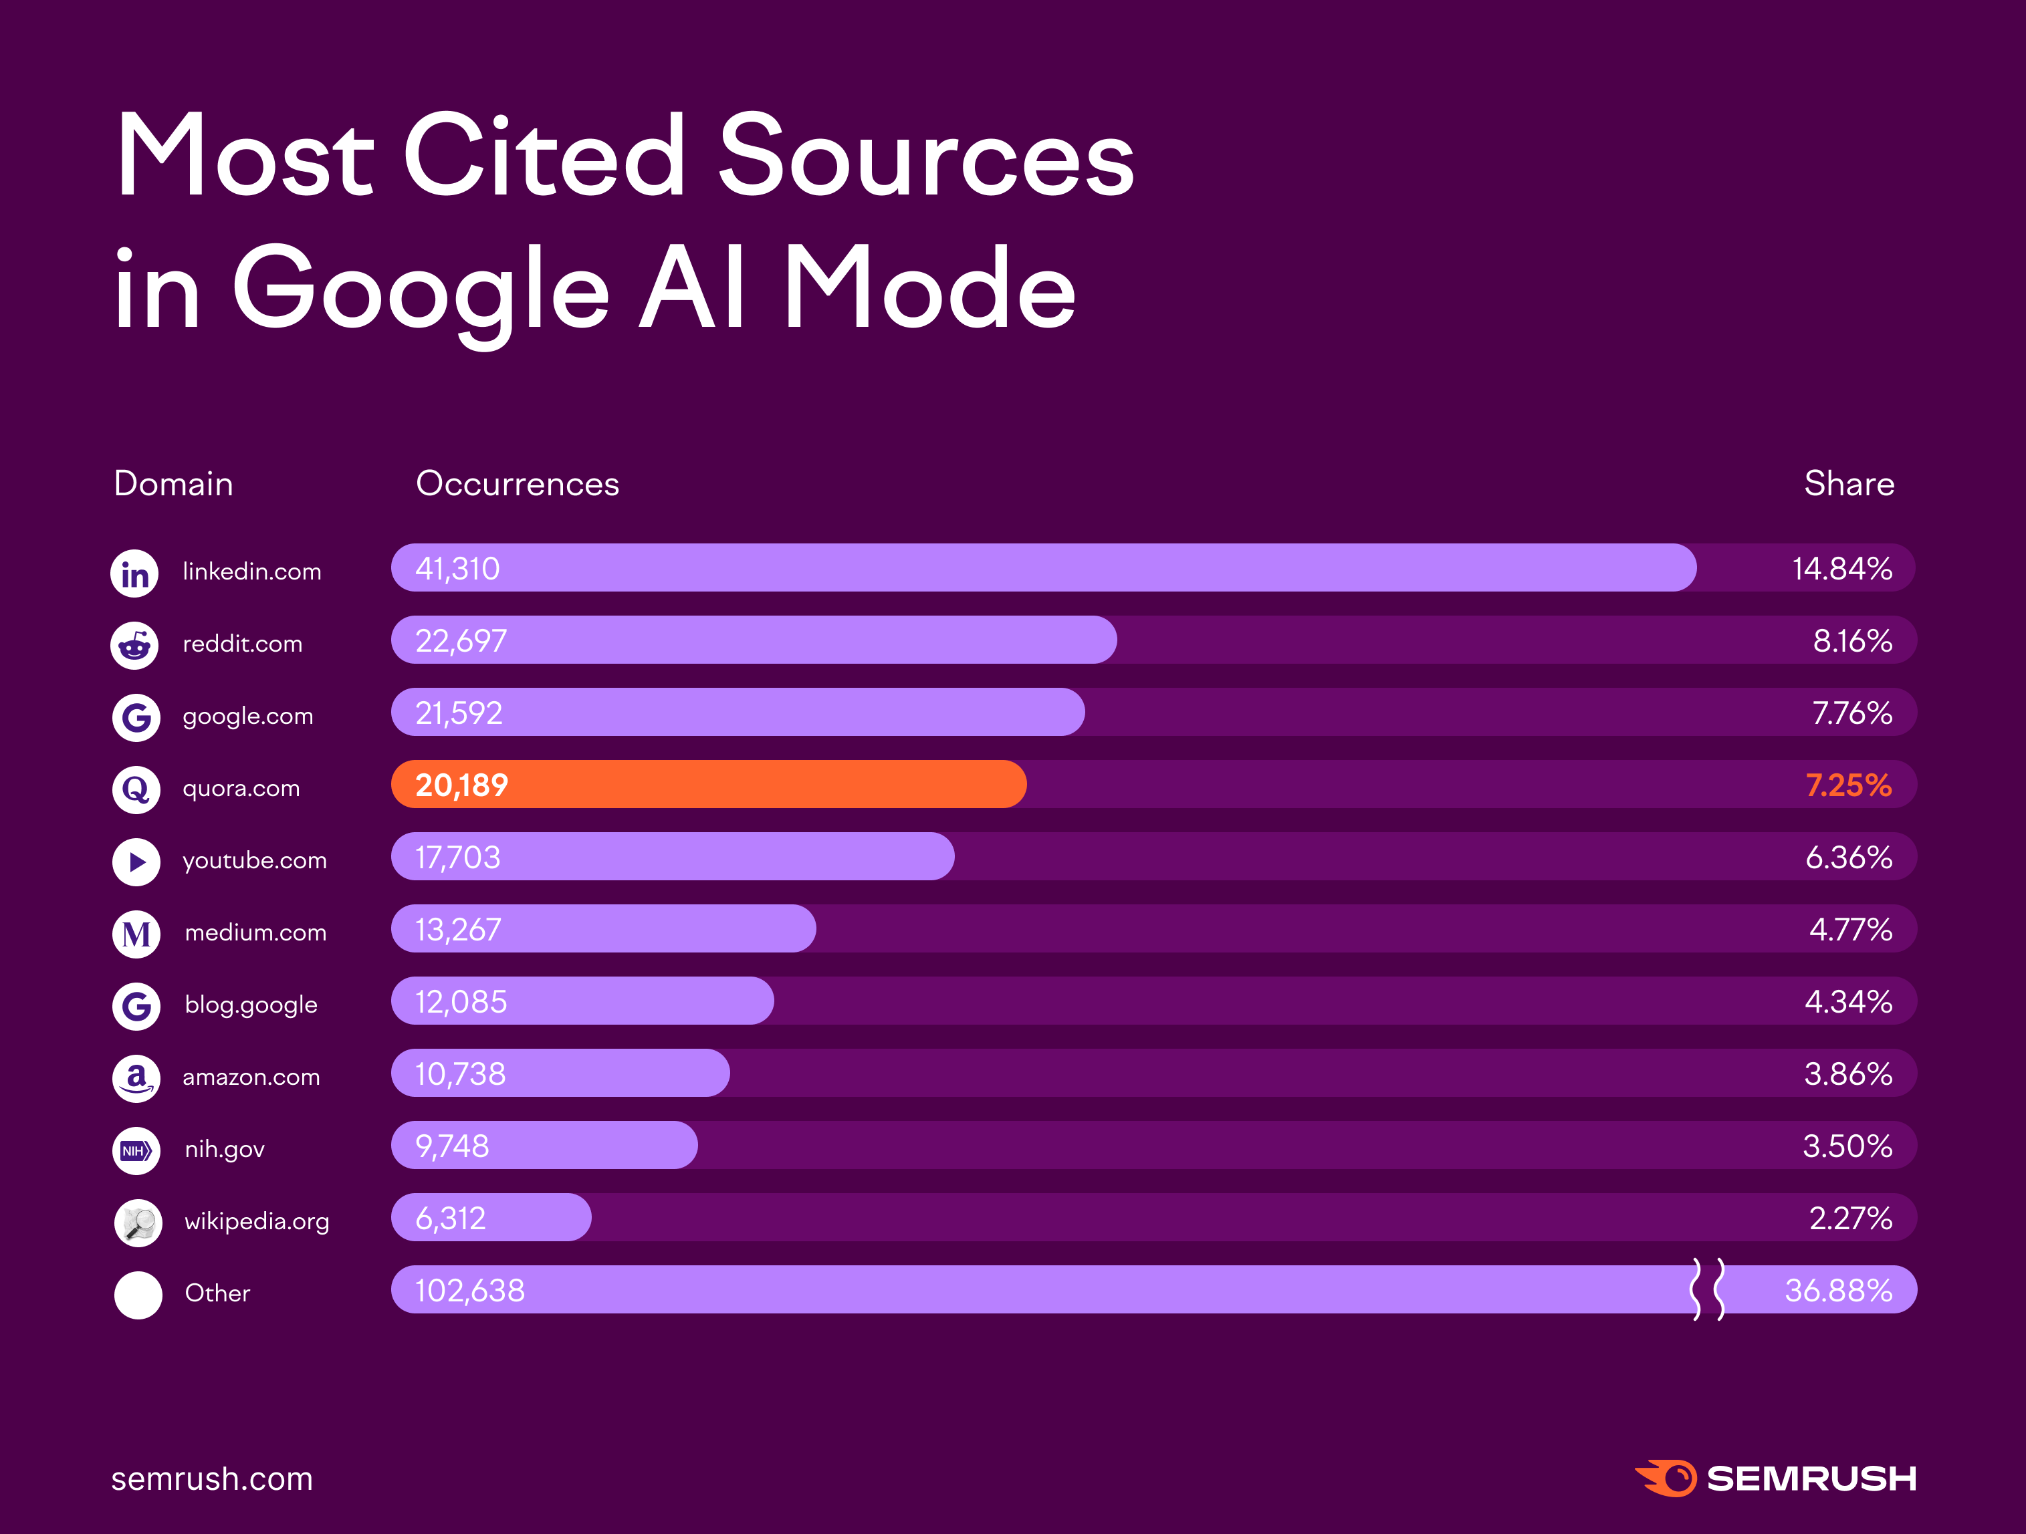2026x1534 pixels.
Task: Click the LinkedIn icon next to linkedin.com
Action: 134,574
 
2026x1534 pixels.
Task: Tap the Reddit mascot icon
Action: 134,646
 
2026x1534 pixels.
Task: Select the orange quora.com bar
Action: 708,785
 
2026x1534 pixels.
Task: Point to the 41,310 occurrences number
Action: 457,569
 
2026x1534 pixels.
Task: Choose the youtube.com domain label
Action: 255,861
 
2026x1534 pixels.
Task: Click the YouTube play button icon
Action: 136,862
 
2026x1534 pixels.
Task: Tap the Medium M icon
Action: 136,934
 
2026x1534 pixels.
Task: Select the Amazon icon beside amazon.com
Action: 136,1078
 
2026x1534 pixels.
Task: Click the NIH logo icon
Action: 136,1150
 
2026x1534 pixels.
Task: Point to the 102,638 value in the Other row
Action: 470,1291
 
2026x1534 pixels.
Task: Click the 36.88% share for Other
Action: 1837,1291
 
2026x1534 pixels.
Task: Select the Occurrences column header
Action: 518,483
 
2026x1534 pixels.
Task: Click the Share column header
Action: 1848,483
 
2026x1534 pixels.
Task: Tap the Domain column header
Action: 173,483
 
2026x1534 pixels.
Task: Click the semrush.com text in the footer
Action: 211,1478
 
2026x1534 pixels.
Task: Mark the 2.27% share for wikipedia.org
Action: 1849,1218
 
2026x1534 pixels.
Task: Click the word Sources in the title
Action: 925,156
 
